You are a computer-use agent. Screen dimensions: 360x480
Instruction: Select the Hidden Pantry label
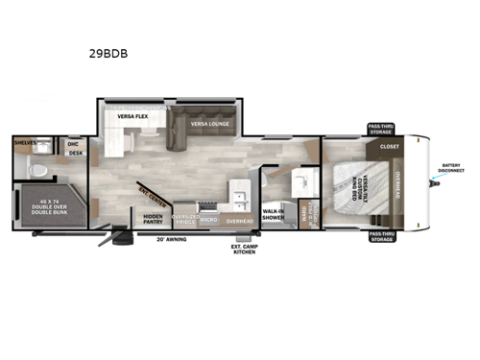[154, 219]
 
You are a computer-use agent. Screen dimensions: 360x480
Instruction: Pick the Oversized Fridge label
[185, 219]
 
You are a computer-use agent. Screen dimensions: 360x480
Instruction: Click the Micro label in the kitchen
[209, 220]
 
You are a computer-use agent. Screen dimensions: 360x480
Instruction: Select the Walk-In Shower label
[273, 215]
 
